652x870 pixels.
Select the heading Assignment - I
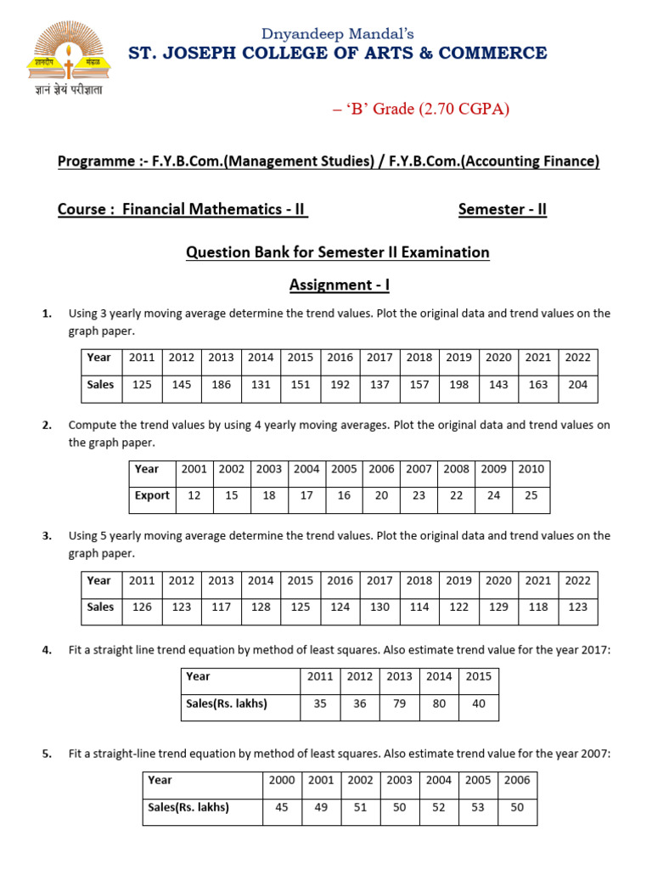(x=339, y=285)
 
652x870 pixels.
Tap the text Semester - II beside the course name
(x=502, y=210)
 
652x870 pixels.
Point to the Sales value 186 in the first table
(x=222, y=385)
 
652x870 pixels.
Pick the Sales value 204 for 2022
(x=577, y=385)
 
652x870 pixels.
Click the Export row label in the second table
(x=152, y=496)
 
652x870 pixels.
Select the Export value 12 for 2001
(x=194, y=496)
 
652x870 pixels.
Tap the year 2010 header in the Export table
(x=531, y=469)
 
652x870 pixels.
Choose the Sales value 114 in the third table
(x=419, y=607)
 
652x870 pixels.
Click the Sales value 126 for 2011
(x=142, y=607)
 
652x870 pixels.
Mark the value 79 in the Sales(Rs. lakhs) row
(x=399, y=703)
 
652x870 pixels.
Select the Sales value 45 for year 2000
(x=282, y=807)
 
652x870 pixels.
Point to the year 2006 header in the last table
(x=517, y=780)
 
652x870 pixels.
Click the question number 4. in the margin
(x=48, y=650)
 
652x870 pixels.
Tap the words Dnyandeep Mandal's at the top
(x=338, y=34)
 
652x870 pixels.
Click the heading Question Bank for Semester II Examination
(x=338, y=252)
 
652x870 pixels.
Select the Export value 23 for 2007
(x=419, y=496)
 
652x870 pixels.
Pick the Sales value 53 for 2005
(x=478, y=807)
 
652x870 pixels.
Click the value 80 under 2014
(x=439, y=703)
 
